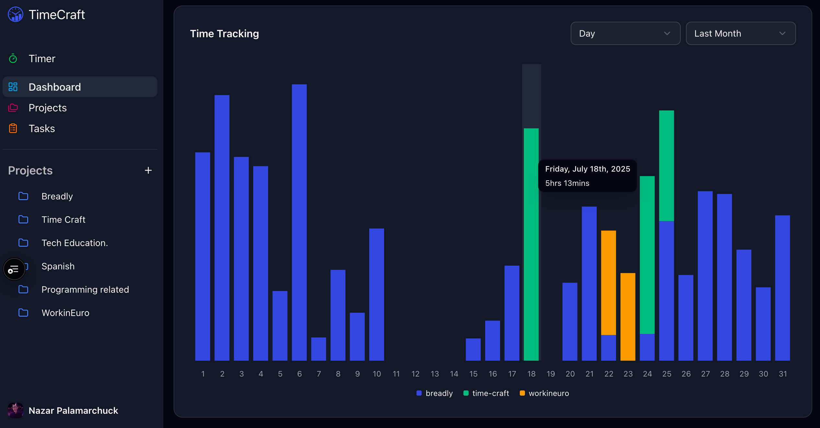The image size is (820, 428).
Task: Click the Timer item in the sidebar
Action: click(x=42, y=59)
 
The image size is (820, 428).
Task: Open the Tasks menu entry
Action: click(x=42, y=129)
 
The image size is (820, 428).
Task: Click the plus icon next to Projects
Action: click(x=148, y=170)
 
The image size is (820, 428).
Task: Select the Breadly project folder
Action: click(x=57, y=196)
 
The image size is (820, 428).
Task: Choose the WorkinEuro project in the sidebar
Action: click(x=65, y=313)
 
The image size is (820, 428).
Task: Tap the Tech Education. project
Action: click(x=74, y=243)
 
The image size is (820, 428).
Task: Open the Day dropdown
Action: click(x=625, y=33)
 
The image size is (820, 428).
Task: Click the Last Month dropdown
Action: click(x=740, y=33)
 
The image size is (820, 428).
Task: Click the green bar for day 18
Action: click(x=531, y=244)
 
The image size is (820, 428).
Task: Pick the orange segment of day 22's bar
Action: click(x=608, y=282)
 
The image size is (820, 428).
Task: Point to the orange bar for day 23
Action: click(x=628, y=317)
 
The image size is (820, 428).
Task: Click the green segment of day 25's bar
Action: click(x=666, y=165)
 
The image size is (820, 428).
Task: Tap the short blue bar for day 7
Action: click(x=318, y=349)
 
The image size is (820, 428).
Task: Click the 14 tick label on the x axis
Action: click(x=454, y=374)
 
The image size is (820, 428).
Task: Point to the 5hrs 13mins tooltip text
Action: click(x=567, y=183)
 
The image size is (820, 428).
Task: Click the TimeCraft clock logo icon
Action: click(x=16, y=15)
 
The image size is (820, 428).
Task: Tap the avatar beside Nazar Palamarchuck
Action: click(x=16, y=411)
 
